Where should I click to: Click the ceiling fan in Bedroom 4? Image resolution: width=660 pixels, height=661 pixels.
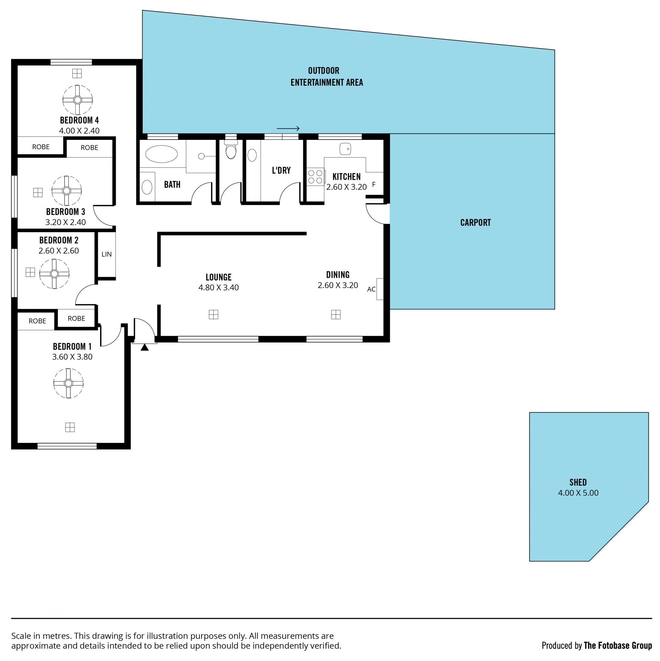(x=77, y=100)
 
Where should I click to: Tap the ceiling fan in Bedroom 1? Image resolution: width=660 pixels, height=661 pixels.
(x=68, y=383)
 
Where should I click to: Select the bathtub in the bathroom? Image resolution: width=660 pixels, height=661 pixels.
(x=161, y=154)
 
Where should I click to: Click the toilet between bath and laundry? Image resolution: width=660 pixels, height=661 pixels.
(x=231, y=149)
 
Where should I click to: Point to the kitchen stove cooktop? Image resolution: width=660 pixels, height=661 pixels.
(x=316, y=177)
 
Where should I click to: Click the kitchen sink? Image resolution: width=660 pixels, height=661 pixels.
(x=345, y=149)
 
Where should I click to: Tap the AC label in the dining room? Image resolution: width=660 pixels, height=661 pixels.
(x=371, y=289)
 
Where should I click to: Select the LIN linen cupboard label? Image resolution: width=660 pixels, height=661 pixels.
(x=107, y=254)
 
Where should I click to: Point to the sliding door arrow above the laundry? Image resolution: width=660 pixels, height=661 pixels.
(x=288, y=129)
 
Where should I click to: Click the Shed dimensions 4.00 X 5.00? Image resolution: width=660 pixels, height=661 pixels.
(x=578, y=493)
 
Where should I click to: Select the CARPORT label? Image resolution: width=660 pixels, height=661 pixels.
(x=475, y=223)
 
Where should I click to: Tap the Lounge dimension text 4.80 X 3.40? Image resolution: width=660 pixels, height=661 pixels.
(x=219, y=288)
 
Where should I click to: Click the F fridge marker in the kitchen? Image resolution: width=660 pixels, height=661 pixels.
(x=374, y=185)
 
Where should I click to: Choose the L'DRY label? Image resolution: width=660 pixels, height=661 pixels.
(x=281, y=170)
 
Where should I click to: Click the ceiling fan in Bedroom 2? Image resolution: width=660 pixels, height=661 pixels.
(x=54, y=274)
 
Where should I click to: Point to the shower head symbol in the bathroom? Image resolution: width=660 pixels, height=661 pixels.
(x=201, y=156)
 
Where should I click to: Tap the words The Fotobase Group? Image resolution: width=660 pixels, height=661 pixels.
(x=618, y=646)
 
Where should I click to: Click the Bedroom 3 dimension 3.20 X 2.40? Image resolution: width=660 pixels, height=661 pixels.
(x=66, y=222)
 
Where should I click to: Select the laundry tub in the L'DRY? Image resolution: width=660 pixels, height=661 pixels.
(x=252, y=155)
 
